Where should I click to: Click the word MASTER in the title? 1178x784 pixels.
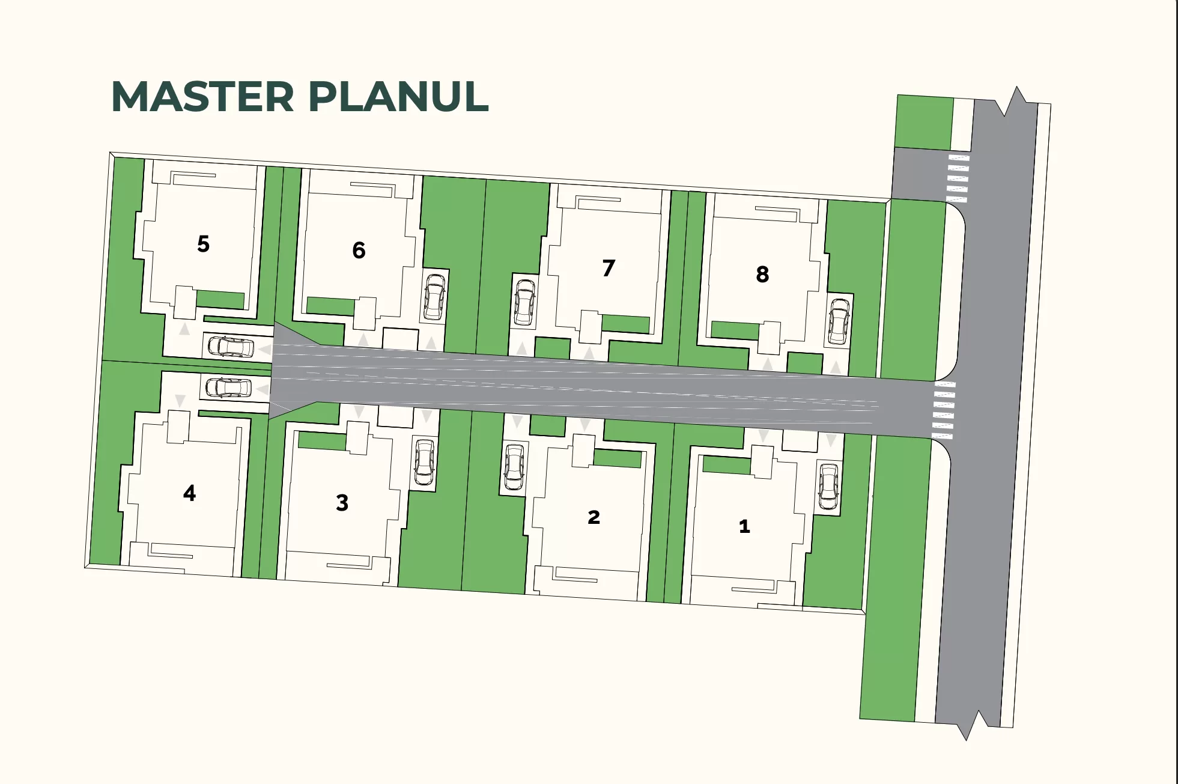point(203,97)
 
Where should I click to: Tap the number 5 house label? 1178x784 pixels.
point(204,244)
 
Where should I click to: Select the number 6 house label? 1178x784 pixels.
point(359,250)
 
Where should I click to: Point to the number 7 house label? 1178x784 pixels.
point(609,268)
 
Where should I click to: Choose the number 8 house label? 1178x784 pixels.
point(762,275)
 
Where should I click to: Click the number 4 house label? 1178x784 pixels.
point(189,493)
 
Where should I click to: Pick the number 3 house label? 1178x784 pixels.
point(342,502)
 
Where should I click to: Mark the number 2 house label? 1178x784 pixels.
point(594,517)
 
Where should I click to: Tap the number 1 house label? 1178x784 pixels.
point(744,526)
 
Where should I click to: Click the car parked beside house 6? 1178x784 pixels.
point(434,297)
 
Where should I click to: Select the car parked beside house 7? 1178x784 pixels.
point(525,303)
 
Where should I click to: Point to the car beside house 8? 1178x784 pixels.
point(839,321)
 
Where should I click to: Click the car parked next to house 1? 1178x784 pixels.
point(829,487)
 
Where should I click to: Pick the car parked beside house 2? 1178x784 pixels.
point(514,467)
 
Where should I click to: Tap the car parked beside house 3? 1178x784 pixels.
point(425,463)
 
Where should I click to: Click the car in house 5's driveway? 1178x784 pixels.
point(231,347)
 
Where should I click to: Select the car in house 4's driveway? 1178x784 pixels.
point(229,387)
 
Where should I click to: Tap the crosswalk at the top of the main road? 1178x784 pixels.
point(958,178)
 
